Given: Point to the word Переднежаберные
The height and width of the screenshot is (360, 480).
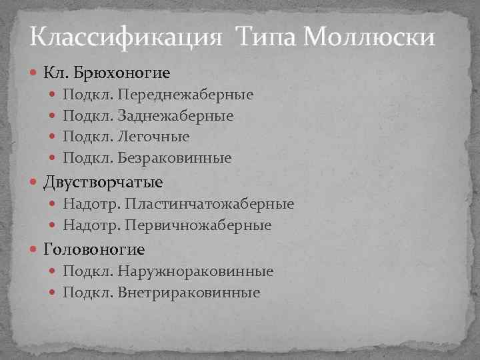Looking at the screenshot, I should pyautogui.click(x=185, y=94).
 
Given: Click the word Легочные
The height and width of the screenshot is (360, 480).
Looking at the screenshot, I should pyautogui.click(x=153, y=136).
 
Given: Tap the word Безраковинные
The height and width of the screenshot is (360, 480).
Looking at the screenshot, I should pyautogui.click(x=175, y=158).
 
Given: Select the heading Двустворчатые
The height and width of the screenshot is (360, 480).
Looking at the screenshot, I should pyautogui.click(x=103, y=181).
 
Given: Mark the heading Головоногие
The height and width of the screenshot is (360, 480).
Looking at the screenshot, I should pyautogui.click(x=94, y=249).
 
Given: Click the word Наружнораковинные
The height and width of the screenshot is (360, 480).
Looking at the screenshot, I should pyautogui.click(x=195, y=271).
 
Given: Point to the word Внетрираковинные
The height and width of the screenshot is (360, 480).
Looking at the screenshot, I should pyautogui.click(x=189, y=293).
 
